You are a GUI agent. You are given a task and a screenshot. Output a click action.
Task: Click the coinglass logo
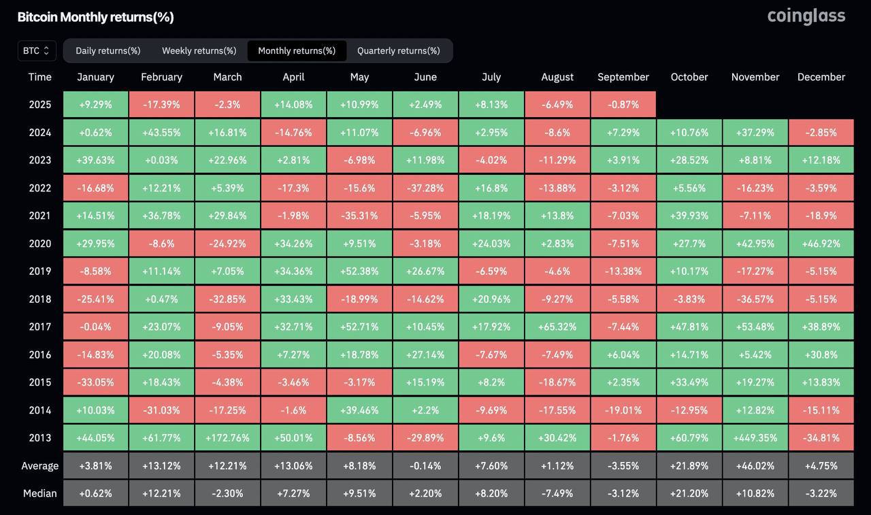(806, 16)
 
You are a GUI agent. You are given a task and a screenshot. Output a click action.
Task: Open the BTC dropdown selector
(37, 50)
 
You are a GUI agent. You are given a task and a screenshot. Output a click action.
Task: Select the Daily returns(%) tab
(108, 50)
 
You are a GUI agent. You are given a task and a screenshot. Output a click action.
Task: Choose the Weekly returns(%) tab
(199, 50)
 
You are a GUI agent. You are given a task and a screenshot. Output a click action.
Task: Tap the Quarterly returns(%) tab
(398, 50)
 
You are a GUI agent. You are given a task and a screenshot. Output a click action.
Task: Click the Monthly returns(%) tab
(297, 50)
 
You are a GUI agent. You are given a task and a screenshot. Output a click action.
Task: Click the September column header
(623, 77)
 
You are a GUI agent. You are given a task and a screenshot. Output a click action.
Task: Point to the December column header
(821, 77)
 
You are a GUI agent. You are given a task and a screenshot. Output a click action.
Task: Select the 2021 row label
(40, 216)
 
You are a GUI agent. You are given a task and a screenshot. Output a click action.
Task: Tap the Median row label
(40, 493)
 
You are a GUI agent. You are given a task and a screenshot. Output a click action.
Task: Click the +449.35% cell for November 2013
(755, 438)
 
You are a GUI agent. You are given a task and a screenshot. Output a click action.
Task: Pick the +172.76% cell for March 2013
(227, 438)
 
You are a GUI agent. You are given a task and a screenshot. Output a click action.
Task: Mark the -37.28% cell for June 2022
(425, 188)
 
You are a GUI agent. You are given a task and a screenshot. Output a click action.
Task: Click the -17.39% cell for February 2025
(161, 105)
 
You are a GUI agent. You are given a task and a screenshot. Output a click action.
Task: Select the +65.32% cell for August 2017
(557, 327)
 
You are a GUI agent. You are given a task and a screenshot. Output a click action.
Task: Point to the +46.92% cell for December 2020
(821, 244)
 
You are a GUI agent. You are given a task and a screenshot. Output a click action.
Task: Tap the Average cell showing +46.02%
(755, 466)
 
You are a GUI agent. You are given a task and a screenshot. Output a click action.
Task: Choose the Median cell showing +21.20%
(689, 493)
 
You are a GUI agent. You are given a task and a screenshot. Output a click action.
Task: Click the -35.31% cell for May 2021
(359, 216)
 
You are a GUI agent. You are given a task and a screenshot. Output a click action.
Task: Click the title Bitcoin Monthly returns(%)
(95, 17)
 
